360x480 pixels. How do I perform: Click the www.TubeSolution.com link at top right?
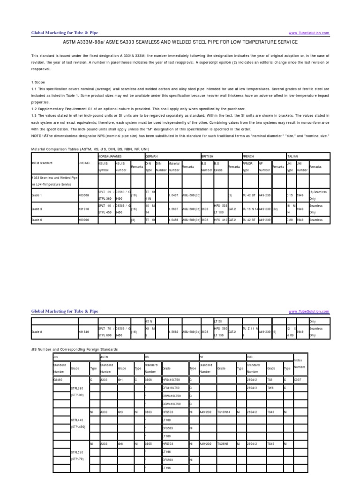309,33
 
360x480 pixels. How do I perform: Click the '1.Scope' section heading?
38,82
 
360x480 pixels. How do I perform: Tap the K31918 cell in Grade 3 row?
84,209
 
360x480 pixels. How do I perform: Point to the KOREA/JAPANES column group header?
109,155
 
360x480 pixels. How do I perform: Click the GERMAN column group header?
152,155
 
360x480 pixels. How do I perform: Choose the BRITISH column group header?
208,155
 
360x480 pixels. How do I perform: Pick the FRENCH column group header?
249,155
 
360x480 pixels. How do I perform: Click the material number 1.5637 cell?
174,209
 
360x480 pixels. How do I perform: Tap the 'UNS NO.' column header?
84,163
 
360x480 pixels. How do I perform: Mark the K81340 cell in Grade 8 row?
84,332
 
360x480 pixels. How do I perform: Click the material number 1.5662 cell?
174,332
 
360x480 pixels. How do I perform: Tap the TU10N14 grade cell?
224,412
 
